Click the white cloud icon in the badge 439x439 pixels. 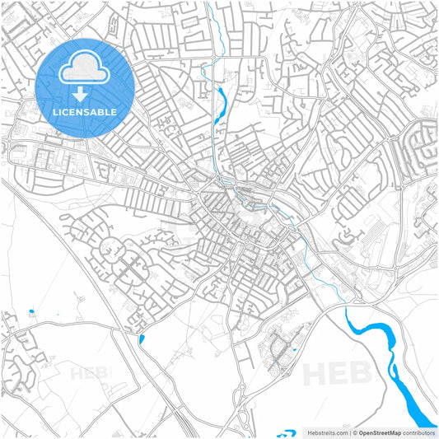coord(85,70)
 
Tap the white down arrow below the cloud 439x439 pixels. coord(85,95)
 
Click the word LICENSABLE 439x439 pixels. coord(85,112)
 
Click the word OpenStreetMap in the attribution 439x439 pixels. coord(380,432)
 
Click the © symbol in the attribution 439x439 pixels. coord(354,432)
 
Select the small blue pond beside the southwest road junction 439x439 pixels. coord(142,339)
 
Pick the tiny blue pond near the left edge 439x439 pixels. coord(30,312)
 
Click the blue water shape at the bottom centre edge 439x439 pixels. coord(286,432)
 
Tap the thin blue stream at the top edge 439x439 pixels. coord(212,25)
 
